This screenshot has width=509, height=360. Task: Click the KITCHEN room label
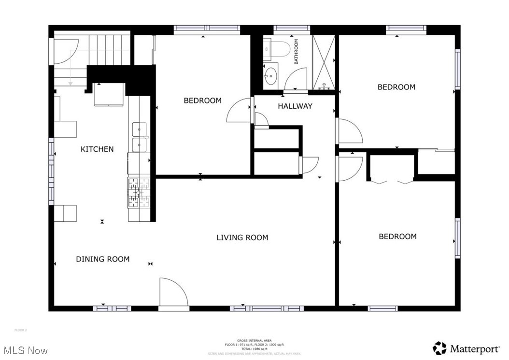tap(97, 149)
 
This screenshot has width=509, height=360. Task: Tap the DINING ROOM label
tap(102, 259)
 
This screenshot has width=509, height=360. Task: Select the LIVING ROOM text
tap(242, 237)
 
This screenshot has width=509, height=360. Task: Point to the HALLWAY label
tap(295, 106)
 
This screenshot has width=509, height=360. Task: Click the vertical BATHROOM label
tap(297, 52)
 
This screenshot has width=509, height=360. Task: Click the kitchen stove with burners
tap(139, 192)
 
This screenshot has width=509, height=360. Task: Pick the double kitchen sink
tap(139, 137)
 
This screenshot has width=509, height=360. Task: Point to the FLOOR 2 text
tap(21, 330)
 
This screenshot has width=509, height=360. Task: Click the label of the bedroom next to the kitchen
tap(202, 101)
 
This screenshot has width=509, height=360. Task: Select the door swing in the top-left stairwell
tap(64, 52)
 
